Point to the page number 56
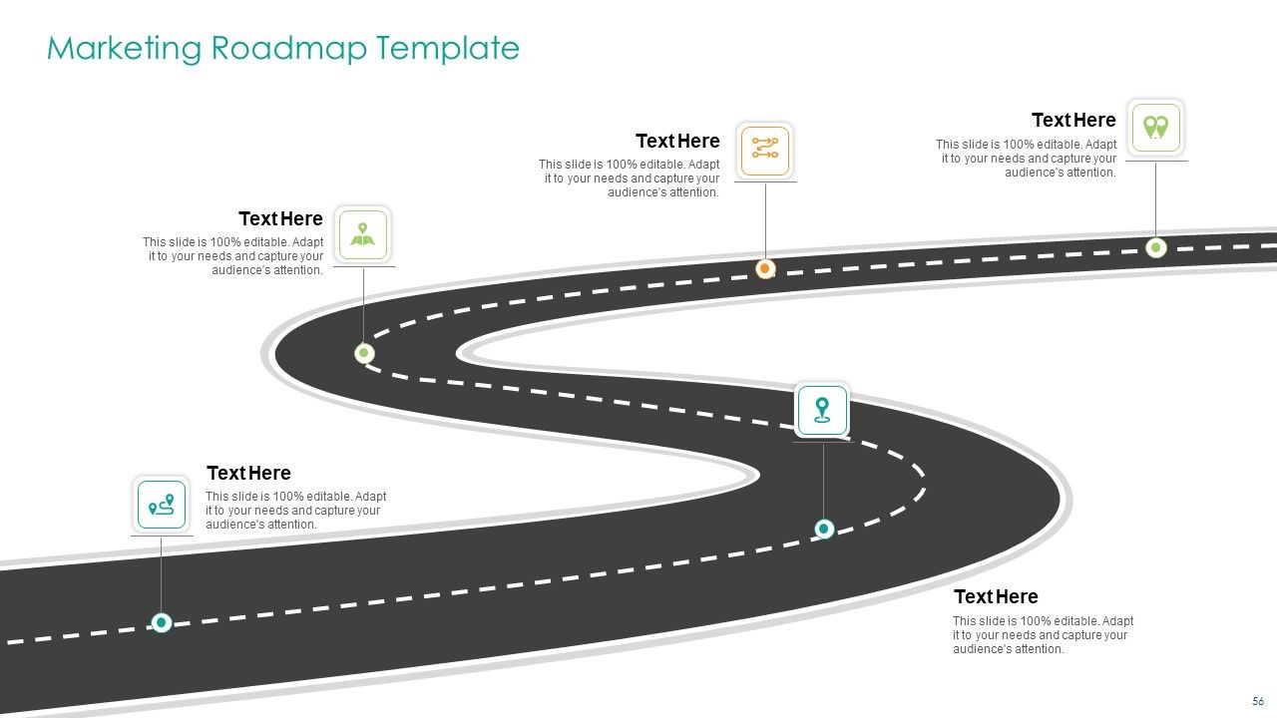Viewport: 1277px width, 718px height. pyautogui.click(x=1258, y=701)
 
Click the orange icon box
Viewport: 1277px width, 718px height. pyautogui.click(x=765, y=150)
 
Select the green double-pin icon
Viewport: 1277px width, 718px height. pyautogui.click(x=1155, y=128)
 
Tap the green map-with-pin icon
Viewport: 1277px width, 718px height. pyautogui.click(x=363, y=234)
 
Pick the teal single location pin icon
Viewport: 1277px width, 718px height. pyautogui.click(x=822, y=410)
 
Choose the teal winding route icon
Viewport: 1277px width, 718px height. pyautogui.click(x=162, y=505)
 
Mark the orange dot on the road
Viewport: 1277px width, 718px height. pyautogui.click(x=765, y=268)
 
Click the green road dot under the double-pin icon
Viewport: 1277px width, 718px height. pyautogui.click(x=1156, y=247)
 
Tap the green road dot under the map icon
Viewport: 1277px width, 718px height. pyautogui.click(x=364, y=353)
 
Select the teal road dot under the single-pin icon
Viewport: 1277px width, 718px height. pyautogui.click(x=824, y=529)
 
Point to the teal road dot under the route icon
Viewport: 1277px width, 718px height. pyautogui.click(x=162, y=623)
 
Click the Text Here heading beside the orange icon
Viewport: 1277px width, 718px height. pyautogui.click(x=677, y=142)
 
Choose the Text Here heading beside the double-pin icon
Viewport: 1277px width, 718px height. pyautogui.click(x=1073, y=121)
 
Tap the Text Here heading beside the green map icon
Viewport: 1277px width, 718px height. pyautogui.click(x=280, y=219)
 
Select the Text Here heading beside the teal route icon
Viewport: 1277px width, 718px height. pyautogui.click(x=248, y=474)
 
